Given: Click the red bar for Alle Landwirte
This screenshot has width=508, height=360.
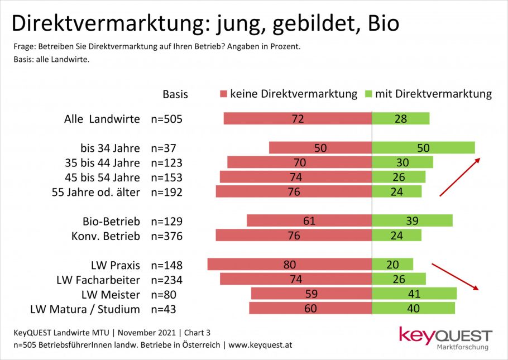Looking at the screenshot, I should coord(298,118).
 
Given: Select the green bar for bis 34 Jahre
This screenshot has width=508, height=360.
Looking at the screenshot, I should coord(423,147).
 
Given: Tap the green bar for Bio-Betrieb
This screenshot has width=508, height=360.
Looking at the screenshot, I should coord(412,221).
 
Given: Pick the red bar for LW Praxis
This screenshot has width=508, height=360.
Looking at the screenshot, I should coord(289,265).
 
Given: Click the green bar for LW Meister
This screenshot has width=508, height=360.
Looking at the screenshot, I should coord(414,294).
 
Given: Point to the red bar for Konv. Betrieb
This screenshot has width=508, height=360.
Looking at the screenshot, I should coord(294,236).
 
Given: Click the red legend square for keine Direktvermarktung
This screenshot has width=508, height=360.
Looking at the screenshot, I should coord(224,94).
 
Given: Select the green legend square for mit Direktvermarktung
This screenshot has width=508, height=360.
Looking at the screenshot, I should coord(368,94).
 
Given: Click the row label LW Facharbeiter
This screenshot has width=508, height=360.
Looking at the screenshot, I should coord(98,280).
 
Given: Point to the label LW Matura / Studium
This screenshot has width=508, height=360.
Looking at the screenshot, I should coord(85,309).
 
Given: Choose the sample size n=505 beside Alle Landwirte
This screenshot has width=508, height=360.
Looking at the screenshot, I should coord(167,119).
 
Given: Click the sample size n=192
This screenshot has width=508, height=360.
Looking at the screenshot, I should coord(167,192).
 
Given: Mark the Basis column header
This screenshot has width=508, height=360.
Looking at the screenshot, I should coord(175,94).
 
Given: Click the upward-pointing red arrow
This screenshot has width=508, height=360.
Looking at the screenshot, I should coord(459,177).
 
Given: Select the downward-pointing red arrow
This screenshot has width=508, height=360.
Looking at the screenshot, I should coord(456,276).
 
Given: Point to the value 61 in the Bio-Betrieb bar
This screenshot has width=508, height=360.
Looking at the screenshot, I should coord(309,221).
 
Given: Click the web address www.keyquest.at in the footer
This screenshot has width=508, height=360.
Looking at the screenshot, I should coord(260,345).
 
